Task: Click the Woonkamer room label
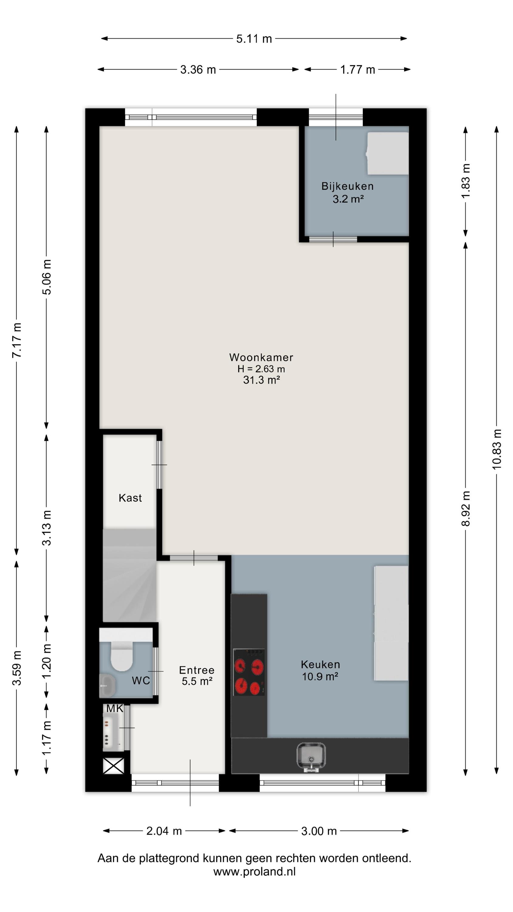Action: (261, 357)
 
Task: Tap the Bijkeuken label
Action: (347, 186)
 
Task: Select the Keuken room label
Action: (320, 665)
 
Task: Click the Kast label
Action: (130, 498)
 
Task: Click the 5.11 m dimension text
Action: (254, 39)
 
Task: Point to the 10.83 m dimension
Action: (497, 449)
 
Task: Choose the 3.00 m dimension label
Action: (319, 831)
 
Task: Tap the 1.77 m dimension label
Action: (358, 70)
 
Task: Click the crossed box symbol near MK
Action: (114, 766)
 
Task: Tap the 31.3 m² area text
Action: (262, 380)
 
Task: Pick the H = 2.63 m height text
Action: (261, 369)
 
